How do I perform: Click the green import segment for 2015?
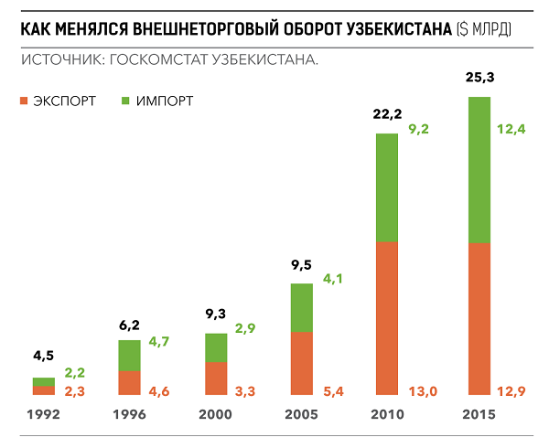tap(479, 169)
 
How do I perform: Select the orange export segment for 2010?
tap(387, 319)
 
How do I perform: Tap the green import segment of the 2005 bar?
tap(302, 307)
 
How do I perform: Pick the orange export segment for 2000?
tap(215, 379)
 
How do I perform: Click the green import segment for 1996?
tap(130, 355)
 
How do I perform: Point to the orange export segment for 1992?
tap(44, 390)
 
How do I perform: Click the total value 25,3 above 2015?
tap(479, 80)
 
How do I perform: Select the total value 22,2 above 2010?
tap(387, 116)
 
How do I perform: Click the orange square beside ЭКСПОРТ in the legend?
tap(23, 101)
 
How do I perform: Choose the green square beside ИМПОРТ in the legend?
tap(124, 101)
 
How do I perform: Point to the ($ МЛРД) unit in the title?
tap(484, 30)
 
